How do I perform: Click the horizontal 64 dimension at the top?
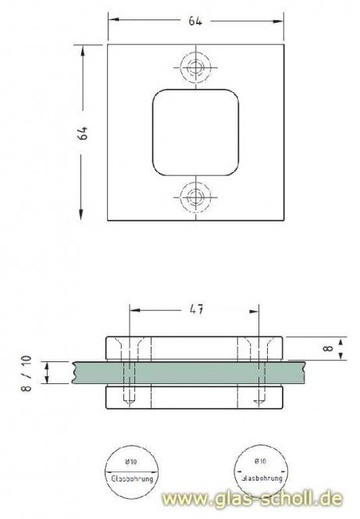point(194,21)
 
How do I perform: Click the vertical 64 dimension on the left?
point(83,132)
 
